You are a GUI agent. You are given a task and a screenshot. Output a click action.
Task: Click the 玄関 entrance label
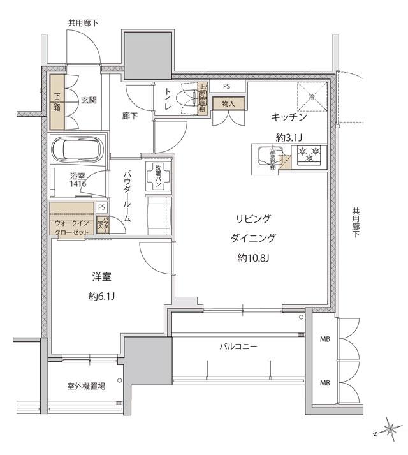coord(89,101)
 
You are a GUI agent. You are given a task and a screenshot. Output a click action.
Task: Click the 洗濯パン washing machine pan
coord(157,177)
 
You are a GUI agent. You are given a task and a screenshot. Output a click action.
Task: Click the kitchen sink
coord(263,156)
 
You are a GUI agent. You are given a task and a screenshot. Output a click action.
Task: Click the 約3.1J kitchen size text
coord(289,137)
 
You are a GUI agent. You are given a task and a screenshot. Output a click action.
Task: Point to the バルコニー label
coord(238,347)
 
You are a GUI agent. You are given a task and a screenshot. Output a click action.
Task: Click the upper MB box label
coord(324,340)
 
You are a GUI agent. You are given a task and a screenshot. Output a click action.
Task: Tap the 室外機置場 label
coord(85,386)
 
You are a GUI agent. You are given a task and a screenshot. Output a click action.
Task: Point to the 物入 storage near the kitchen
coord(228,103)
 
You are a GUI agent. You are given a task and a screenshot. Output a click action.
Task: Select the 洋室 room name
coord(102,277)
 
